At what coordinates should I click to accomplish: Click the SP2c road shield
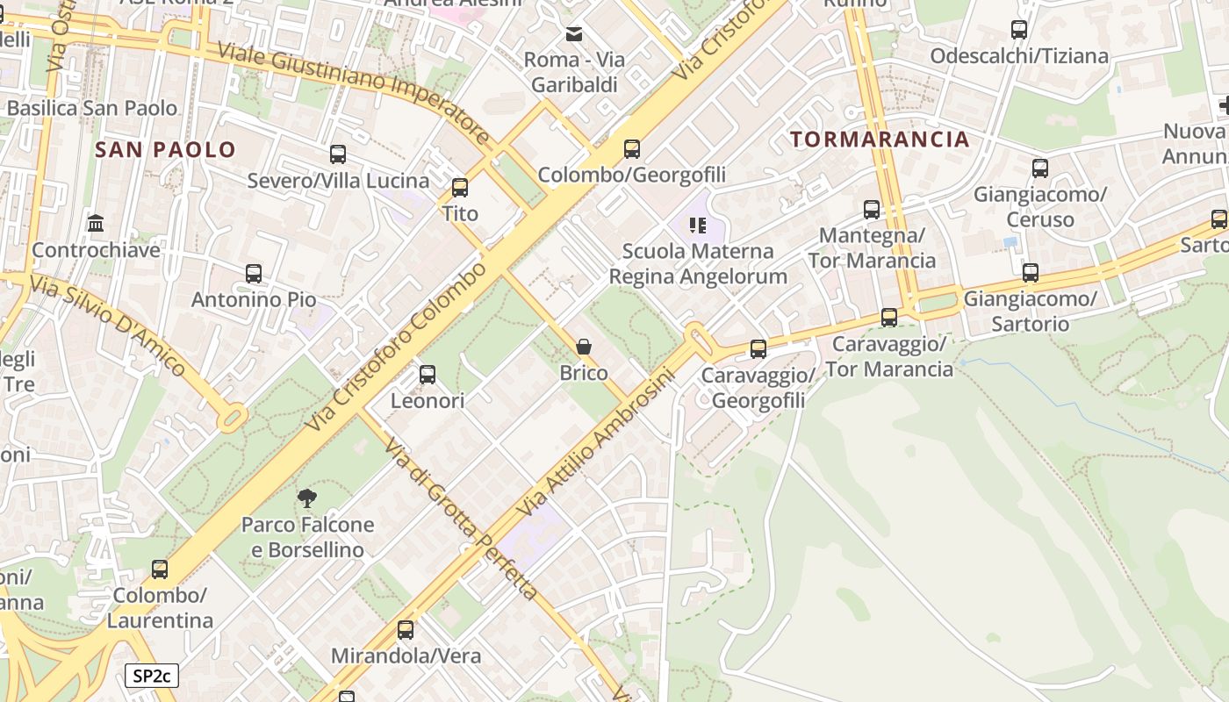click(152, 676)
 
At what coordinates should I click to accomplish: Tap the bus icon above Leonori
click(428, 375)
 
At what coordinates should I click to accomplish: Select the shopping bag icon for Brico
click(584, 347)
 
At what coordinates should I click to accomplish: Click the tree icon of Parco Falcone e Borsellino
click(307, 499)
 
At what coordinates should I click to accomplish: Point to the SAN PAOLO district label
click(166, 149)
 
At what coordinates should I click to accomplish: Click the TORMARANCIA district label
click(880, 139)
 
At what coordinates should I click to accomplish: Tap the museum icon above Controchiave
click(96, 224)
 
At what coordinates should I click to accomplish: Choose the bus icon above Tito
click(460, 187)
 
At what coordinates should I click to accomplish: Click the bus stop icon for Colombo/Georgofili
click(632, 148)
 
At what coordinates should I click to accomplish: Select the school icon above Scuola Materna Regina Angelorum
click(698, 226)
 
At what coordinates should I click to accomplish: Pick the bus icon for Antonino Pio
click(254, 273)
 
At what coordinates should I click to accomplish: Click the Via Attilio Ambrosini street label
click(596, 442)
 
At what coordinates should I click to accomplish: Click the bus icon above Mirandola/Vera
click(406, 629)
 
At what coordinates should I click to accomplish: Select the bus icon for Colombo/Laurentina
click(160, 569)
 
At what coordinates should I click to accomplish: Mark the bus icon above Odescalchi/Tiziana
click(1019, 30)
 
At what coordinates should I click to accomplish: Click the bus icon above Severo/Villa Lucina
click(338, 154)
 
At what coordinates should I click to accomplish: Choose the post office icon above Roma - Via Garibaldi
click(574, 34)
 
